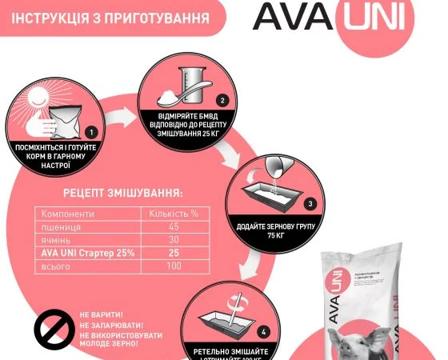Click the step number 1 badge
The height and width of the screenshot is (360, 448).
[x=91, y=132]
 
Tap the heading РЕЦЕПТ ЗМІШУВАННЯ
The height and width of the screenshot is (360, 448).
[x=122, y=193]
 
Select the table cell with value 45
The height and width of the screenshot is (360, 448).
[x=174, y=228]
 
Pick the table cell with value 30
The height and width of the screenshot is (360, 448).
[x=174, y=241]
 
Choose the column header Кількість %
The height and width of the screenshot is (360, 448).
[x=174, y=214]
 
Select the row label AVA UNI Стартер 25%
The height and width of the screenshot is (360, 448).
[x=84, y=254]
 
